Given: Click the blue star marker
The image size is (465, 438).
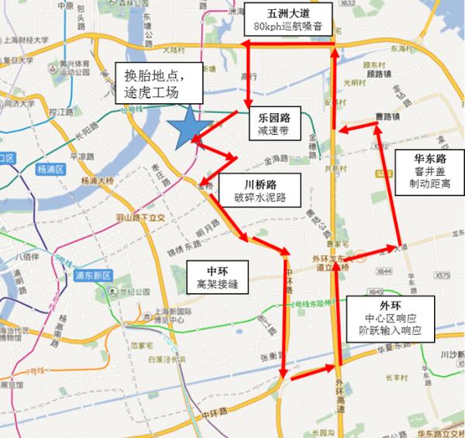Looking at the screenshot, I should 188,128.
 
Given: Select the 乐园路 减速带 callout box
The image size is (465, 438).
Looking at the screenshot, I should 274,124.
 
